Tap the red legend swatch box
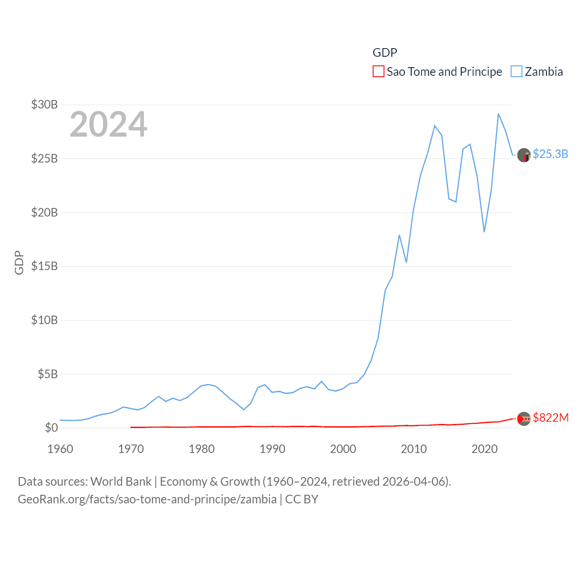click(x=378, y=72)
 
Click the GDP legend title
click(x=384, y=53)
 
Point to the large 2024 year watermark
click(x=108, y=124)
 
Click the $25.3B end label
click(x=550, y=154)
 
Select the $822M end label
click(x=551, y=418)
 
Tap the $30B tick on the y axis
click(x=44, y=104)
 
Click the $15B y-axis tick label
click(x=44, y=266)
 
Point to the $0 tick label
click(x=51, y=428)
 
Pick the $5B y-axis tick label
click(x=48, y=374)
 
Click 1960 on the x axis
click(x=60, y=449)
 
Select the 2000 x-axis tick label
click(x=343, y=449)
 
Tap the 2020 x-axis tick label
click(x=484, y=449)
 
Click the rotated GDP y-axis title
click(x=19, y=262)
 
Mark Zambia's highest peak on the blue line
click(x=498, y=114)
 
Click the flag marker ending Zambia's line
click(x=524, y=155)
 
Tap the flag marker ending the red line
click(x=524, y=419)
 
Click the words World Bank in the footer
click(x=121, y=482)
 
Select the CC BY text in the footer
click(x=302, y=499)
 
